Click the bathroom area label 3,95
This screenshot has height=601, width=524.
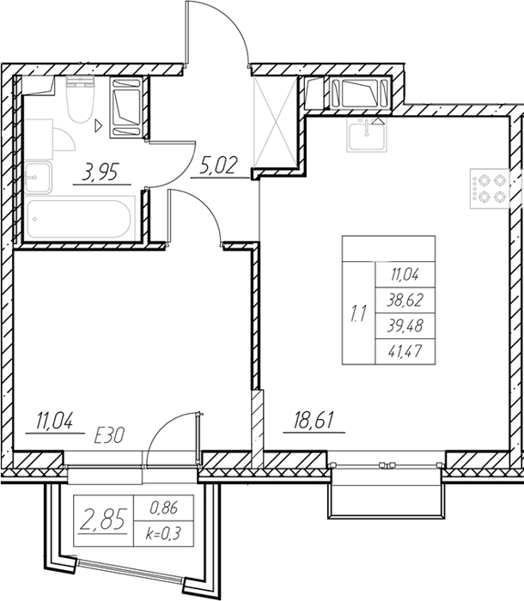(x=100, y=172)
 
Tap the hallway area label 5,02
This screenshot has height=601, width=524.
(x=217, y=165)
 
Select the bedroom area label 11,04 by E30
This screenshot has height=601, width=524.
(x=54, y=420)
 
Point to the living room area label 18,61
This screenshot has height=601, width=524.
(x=314, y=420)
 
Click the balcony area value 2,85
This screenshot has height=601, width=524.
(x=103, y=520)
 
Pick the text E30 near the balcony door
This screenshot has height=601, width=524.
(x=110, y=436)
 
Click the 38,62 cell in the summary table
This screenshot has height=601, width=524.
(x=405, y=300)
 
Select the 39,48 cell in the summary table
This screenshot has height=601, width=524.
(x=405, y=325)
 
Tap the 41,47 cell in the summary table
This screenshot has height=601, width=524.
(x=405, y=351)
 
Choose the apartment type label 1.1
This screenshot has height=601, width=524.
(x=358, y=313)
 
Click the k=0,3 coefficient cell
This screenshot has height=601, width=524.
(x=163, y=533)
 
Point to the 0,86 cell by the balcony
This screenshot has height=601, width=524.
(x=164, y=508)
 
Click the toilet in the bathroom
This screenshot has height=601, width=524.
(x=80, y=99)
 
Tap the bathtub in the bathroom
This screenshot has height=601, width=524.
(x=80, y=219)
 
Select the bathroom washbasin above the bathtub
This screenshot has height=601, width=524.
(x=38, y=177)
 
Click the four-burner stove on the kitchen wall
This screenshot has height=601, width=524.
(x=490, y=189)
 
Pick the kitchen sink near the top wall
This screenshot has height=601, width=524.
(x=367, y=135)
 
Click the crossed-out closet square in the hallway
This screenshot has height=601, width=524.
(x=275, y=122)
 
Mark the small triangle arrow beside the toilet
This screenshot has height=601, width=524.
(x=99, y=125)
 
